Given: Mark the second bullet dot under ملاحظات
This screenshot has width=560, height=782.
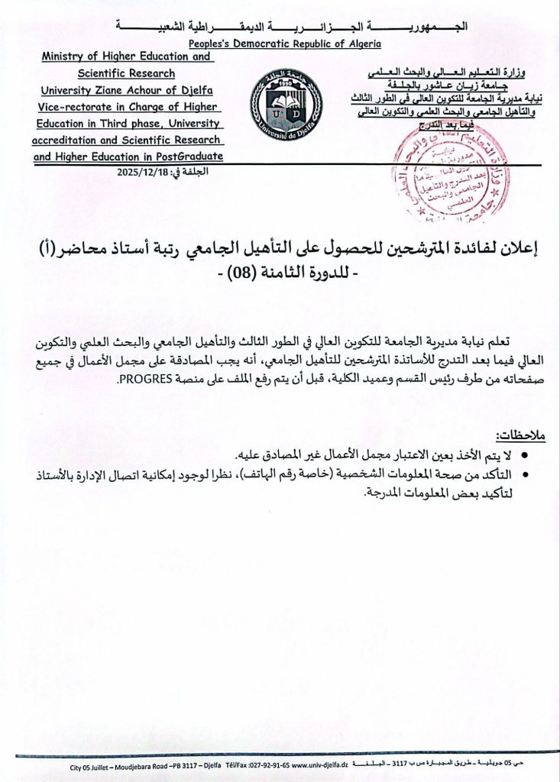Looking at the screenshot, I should click(526, 476).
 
